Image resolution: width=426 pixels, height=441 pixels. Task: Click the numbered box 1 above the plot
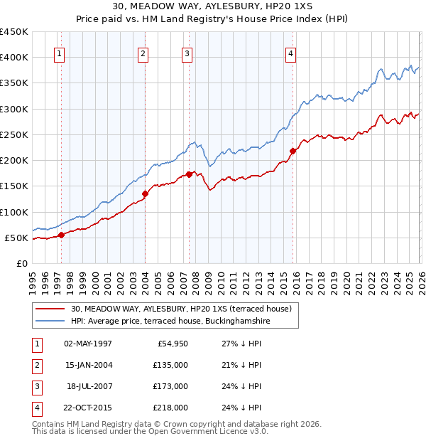(59, 53)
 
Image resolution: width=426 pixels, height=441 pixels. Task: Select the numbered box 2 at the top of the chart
(143, 53)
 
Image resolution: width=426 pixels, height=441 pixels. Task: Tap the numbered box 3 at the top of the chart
(187, 53)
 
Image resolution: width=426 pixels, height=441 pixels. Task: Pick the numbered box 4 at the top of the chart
(291, 53)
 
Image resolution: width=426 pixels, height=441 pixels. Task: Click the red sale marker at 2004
(145, 193)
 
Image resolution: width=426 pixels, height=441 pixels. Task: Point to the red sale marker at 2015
(293, 150)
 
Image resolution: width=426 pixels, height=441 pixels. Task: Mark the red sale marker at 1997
(61, 235)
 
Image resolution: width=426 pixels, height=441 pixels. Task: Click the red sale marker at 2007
(189, 174)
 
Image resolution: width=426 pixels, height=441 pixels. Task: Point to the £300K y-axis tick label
(13, 109)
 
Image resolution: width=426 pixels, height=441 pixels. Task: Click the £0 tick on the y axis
(22, 263)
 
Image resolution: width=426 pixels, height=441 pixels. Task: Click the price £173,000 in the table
(171, 386)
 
